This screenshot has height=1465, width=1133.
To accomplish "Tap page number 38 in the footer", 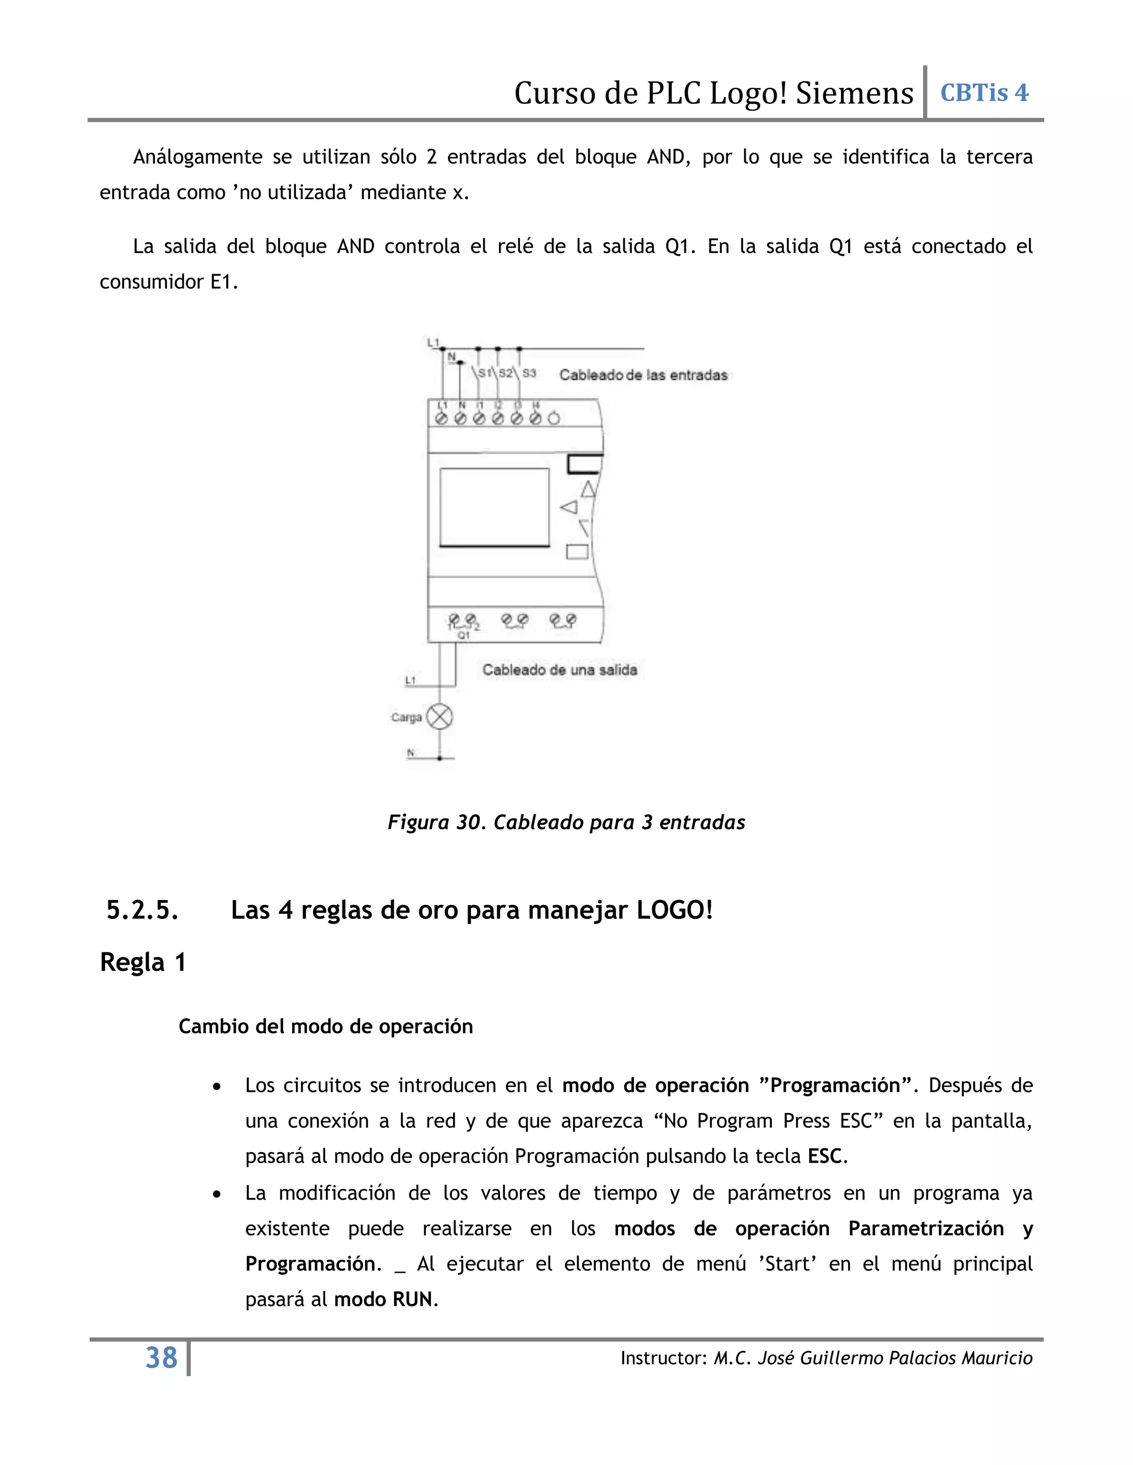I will pos(161,1358).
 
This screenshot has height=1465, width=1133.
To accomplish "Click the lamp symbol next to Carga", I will pos(440,716).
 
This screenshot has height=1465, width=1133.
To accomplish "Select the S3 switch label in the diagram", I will pos(529,373).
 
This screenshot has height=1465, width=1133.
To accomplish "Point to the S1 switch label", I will pos(485,373).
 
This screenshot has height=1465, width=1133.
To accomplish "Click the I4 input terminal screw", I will pos(535,418).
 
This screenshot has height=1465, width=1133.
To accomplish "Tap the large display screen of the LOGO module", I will pos(495,507).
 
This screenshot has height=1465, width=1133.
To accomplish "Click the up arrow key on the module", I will pos(588,490).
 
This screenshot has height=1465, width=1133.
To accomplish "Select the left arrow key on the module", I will pos(569,507).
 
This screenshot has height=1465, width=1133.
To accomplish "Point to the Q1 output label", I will pos(463,635).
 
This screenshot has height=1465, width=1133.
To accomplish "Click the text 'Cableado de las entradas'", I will pos(643,375).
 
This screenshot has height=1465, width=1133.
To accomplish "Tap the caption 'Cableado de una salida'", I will pos(560,669).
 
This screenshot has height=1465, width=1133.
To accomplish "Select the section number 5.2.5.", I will pos(142,911).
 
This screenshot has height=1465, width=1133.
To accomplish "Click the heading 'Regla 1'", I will pos(142,962).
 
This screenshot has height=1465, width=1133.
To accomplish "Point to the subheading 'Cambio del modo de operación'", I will pos(325,1026).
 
